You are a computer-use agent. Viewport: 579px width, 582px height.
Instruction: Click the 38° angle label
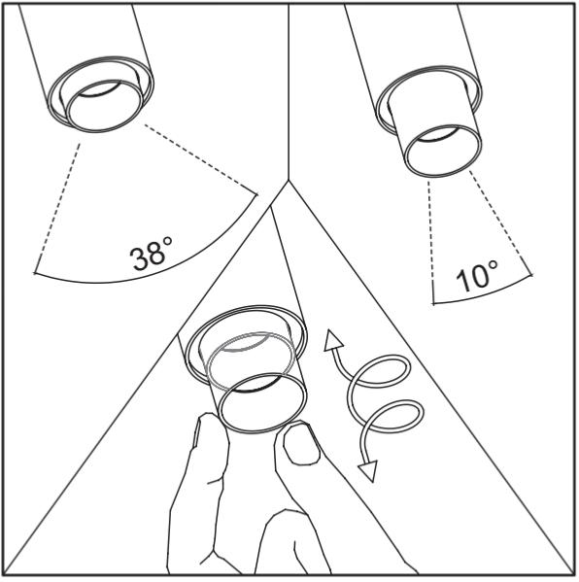click(152, 254)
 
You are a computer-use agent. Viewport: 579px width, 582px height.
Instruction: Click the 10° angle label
click(477, 276)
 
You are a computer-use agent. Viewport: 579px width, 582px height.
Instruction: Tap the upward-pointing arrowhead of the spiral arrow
click(333, 340)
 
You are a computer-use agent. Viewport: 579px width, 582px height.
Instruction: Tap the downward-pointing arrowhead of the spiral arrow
click(368, 470)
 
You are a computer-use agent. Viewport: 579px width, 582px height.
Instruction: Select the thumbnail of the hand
click(301, 444)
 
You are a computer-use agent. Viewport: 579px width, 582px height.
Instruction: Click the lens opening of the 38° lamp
click(105, 106)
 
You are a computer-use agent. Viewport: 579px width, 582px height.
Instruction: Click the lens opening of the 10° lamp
click(442, 151)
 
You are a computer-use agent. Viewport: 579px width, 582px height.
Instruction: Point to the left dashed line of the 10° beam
click(430, 230)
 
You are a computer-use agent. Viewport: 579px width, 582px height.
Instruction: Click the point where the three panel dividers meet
click(289, 181)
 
